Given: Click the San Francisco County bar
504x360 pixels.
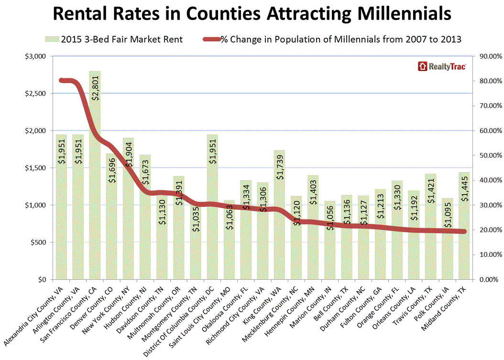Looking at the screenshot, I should coord(95,191).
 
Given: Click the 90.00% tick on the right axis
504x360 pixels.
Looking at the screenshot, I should coord(486,56).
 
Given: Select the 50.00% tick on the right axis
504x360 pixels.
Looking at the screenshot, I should coord(486,155).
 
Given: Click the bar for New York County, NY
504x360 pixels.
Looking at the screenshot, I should coord(128,215).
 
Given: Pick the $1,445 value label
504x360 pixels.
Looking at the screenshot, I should coord(464,191).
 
